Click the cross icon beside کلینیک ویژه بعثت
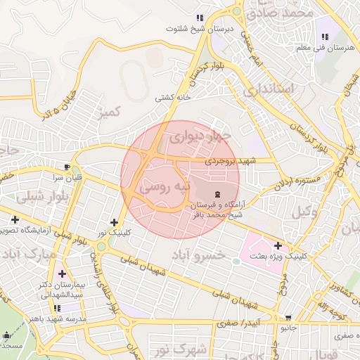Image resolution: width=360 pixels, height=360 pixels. click(279, 246)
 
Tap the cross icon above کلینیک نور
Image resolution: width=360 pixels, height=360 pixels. click(114, 222)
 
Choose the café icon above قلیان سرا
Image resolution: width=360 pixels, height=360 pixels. click(67, 167)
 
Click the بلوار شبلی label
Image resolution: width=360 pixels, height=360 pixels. click(39, 198)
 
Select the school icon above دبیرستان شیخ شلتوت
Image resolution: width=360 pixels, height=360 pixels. click(200, 18)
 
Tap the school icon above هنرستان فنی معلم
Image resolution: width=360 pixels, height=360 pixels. click(325, 37)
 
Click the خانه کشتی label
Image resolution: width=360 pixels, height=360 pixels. click(173, 98)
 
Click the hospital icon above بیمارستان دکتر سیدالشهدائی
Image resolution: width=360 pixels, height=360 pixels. click(64, 274)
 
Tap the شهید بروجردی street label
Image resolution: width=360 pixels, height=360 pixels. click(233, 161)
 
